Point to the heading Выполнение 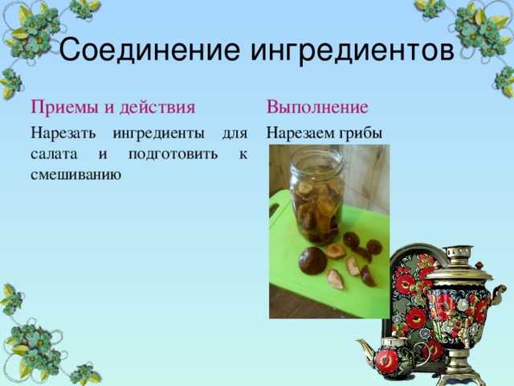click(x=317, y=107)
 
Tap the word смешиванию click(x=75, y=173)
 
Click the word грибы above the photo click(x=361, y=133)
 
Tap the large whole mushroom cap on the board click(x=312, y=261)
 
